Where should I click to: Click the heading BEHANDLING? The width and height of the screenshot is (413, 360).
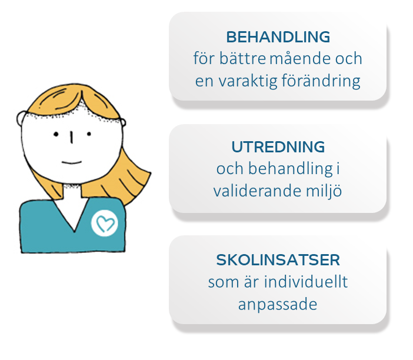[278, 37]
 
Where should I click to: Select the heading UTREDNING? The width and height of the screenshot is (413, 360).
[278, 147]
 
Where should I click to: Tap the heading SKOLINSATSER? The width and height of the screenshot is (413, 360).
[278, 260]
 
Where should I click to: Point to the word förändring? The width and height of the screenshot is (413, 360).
[321, 81]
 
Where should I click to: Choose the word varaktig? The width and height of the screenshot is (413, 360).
[248, 81]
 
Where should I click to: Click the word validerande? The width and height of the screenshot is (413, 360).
[257, 191]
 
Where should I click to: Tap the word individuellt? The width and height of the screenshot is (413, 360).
[306, 281]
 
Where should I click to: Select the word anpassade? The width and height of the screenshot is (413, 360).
[278, 305]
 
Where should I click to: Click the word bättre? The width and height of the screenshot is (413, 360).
[242, 58]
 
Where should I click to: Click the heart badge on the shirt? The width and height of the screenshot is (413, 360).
[105, 224]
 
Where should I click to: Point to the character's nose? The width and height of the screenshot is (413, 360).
[71, 137]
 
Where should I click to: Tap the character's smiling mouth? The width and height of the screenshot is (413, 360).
[72, 162]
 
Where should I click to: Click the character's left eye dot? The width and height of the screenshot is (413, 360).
[56, 134]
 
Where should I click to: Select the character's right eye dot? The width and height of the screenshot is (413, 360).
[89, 134]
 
